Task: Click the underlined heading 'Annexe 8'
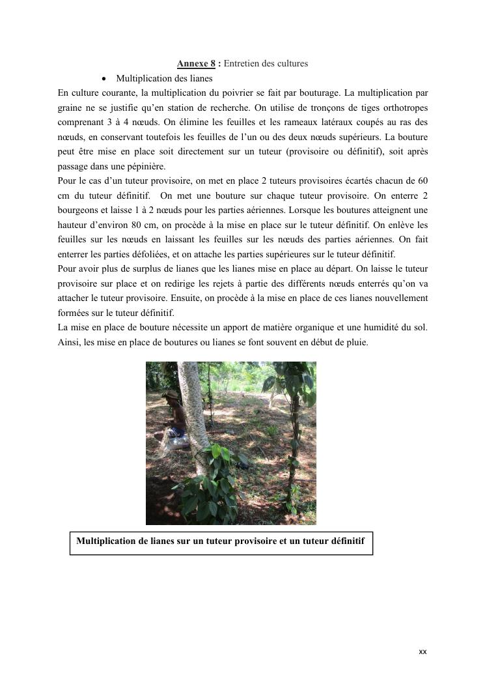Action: point(196,64)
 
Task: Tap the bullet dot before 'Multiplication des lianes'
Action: point(104,78)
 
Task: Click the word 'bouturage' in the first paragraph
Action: point(319,93)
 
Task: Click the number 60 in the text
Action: point(423,180)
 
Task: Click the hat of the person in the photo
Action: point(171,395)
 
